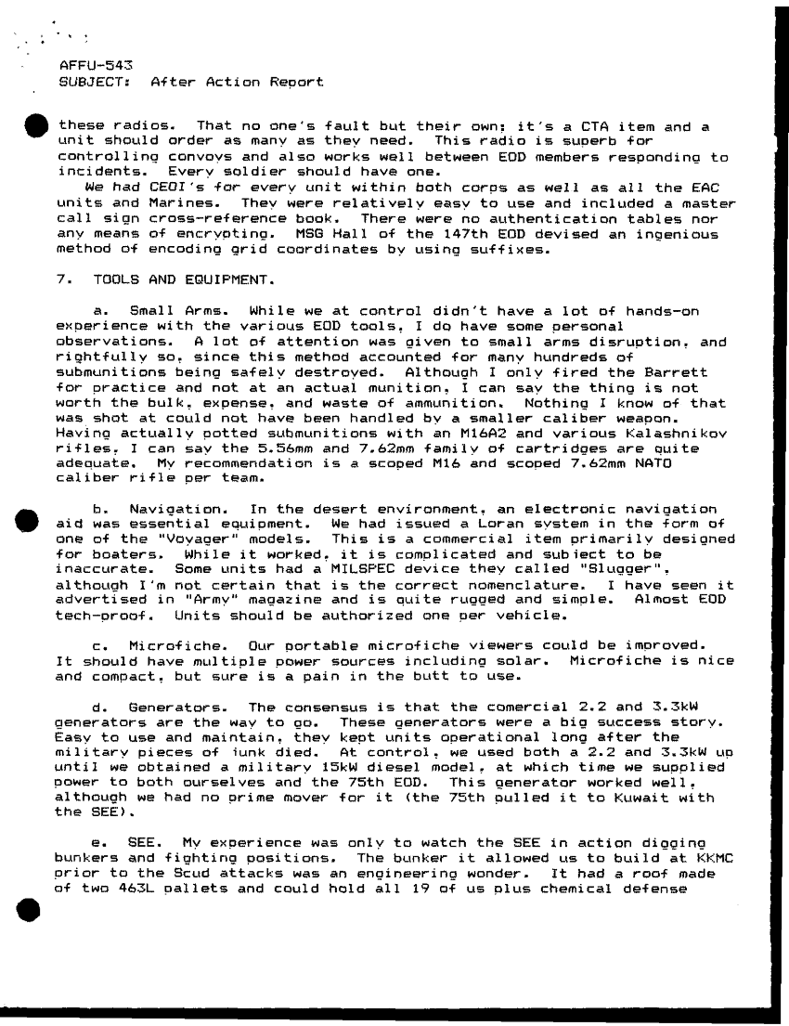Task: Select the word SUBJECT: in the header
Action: (x=88, y=83)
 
